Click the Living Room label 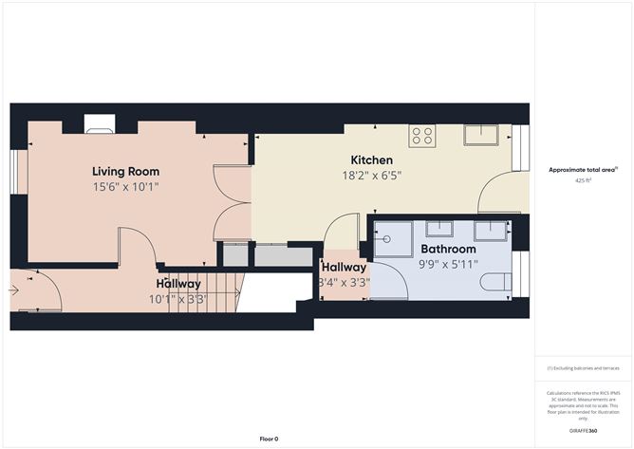click(x=125, y=172)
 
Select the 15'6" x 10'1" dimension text click(x=125, y=187)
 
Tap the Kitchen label click(x=371, y=159)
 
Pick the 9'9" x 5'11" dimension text click(x=449, y=264)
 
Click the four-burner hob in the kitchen click(x=422, y=136)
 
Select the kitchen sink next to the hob click(x=480, y=135)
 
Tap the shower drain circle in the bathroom click(x=386, y=239)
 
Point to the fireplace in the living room click(x=99, y=123)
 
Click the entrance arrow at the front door click(x=14, y=290)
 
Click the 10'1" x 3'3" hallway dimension click(x=177, y=298)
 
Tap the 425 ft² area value click(x=583, y=180)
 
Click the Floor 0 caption click(x=270, y=439)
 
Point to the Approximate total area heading click(x=583, y=169)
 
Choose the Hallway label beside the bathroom click(x=344, y=268)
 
